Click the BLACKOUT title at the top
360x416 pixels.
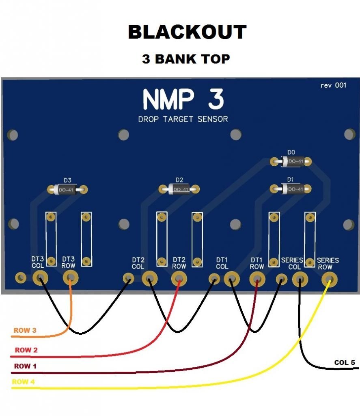187,32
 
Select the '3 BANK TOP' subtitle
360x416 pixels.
186,59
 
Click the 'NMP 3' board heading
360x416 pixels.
183,100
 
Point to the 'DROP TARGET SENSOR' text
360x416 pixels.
183,119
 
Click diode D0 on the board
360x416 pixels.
291,161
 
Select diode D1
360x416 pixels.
291,188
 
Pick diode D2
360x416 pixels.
179,189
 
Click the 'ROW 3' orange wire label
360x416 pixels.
25,330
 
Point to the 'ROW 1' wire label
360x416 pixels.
25,366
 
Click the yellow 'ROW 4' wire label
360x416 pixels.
23,382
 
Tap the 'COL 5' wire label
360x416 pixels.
344,362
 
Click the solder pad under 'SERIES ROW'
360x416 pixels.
330,279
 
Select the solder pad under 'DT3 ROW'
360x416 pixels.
71,278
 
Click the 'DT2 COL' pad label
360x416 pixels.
138,263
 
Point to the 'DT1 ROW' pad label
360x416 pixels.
257,263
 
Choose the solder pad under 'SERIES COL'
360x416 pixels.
300,279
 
